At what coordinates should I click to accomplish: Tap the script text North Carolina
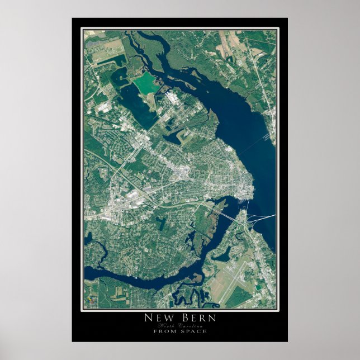click(x=179, y=325)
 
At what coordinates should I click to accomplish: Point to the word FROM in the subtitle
click(x=164, y=331)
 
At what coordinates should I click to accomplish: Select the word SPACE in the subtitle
click(x=193, y=331)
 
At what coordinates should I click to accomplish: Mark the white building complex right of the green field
click(x=171, y=98)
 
